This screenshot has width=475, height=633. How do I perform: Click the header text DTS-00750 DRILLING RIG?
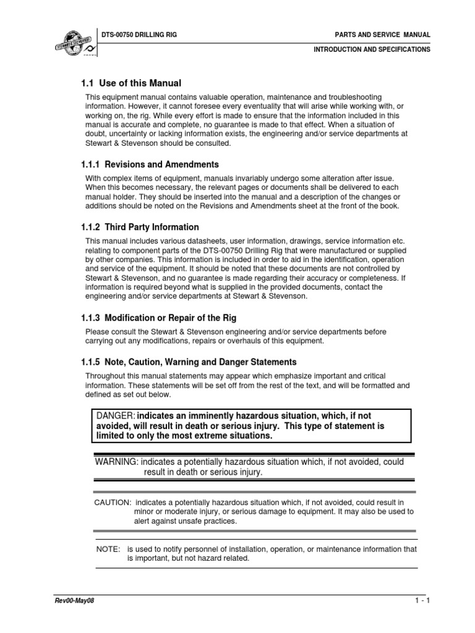139,35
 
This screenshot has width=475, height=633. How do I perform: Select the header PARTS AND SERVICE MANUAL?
382,35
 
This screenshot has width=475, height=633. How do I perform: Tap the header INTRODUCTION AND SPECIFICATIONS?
372,49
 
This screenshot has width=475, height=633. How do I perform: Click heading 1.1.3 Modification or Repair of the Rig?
158,318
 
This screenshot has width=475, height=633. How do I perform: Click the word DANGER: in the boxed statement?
115,416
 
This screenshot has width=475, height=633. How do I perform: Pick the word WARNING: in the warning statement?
116,462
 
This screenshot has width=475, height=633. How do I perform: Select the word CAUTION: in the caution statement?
112,502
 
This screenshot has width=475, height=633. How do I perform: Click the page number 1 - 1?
422,600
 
